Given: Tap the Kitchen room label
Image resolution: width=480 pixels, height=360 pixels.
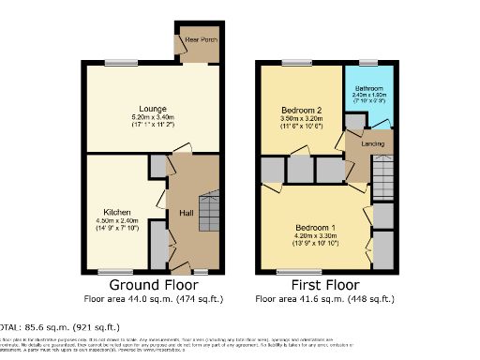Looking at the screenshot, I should coord(118,212).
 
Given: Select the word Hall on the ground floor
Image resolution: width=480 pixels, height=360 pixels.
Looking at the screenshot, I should coord(187,214).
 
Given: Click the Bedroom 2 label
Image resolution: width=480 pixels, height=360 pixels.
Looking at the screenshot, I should coord(300,110).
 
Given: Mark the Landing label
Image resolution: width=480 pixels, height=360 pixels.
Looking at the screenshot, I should coord(359,144).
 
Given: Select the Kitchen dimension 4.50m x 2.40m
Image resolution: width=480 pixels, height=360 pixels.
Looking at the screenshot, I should coord(118,220).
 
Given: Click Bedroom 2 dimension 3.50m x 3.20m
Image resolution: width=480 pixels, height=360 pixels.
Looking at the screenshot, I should coord(300,119).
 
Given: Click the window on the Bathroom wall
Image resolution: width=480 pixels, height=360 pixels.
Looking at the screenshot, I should coord(367,63).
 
